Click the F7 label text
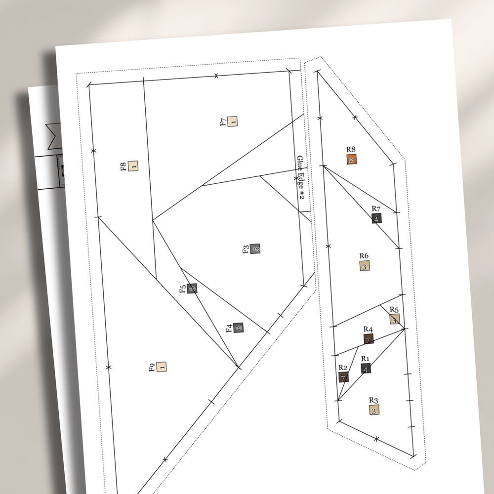[223, 122]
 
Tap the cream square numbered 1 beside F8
[133, 165]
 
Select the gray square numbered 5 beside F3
[255, 249]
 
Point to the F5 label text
[183, 289]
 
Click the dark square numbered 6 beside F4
[239, 328]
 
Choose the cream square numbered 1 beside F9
[162, 367]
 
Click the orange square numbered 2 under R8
[352, 160]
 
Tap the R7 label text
[376, 208]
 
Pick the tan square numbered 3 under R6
[365, 266]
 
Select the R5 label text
[394, 309]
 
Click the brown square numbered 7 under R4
[369, 339]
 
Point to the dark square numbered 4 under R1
[366, 369]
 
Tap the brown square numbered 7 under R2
[343, 377]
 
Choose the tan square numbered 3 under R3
[374, 410]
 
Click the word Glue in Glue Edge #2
[300, 164]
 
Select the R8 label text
[351, 149]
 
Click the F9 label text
[152, 368]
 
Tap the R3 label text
[373, 400]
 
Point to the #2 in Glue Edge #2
[301, 195]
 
